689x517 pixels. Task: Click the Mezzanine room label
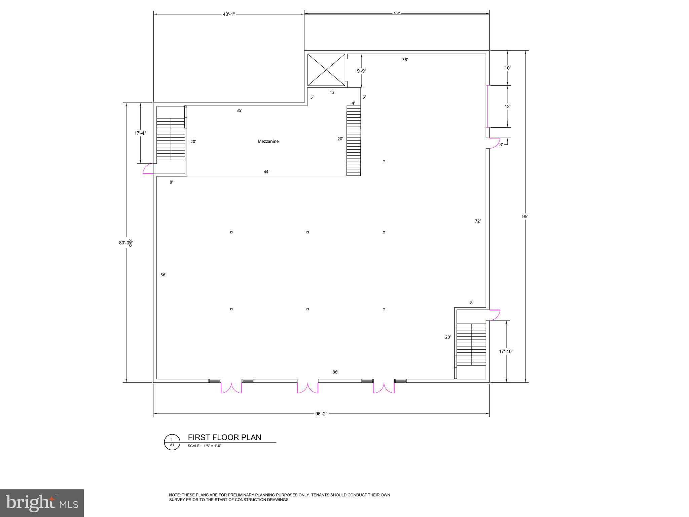point(268,141)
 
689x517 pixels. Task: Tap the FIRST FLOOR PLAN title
point(224,437)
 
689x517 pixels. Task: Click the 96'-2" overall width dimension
point(321,414)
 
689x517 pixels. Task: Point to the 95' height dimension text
point(525,217)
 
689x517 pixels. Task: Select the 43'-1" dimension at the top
point(229,14)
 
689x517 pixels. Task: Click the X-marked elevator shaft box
point(326,70)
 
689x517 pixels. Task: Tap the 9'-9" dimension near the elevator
point(361,71)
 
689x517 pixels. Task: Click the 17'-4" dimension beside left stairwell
point(140,133)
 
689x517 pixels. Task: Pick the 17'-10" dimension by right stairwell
point(506,351)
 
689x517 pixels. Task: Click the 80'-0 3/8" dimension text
point(126,243)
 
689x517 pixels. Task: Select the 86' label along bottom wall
point(335,372)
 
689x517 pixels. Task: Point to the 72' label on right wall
point(478,221)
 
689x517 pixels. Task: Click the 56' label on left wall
point(163,275)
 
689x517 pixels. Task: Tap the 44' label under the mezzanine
point(266,172)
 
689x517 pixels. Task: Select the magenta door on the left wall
point(148,168)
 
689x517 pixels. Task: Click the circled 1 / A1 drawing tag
point(172,442)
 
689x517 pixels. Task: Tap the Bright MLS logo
point(42,503)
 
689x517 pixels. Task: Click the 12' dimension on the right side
point(508,106)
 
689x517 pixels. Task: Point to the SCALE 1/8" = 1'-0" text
point(205,446)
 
